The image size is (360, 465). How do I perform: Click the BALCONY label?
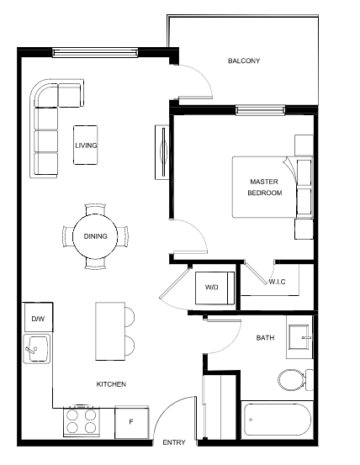coord(244,61)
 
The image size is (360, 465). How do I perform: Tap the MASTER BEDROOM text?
coord(264,188)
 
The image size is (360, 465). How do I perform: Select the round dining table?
coord(95,236)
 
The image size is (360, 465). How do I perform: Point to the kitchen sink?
coord(37,349)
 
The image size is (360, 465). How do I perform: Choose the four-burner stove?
coord(82,421)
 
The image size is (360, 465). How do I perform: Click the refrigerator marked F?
coord(132,422)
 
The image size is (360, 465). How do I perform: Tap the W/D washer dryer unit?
coord(214,288)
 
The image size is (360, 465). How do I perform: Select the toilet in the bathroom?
coord(295,380)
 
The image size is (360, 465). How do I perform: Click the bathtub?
coord(277,420)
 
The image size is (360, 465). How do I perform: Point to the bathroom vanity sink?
coord(300,337)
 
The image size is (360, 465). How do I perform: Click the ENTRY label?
coord(174,442)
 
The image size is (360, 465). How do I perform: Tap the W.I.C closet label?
coord(277,282)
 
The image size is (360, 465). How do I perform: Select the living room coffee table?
coord(86,145)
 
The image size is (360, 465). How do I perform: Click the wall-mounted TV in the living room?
coord(161,152)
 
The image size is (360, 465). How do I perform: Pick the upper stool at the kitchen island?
coord(130,317)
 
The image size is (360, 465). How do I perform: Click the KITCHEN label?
coord(111,384)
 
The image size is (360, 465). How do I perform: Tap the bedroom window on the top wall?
coord(260,110)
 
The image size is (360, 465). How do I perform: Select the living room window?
coord(95,53)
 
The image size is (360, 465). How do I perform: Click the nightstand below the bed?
coord(304,230)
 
